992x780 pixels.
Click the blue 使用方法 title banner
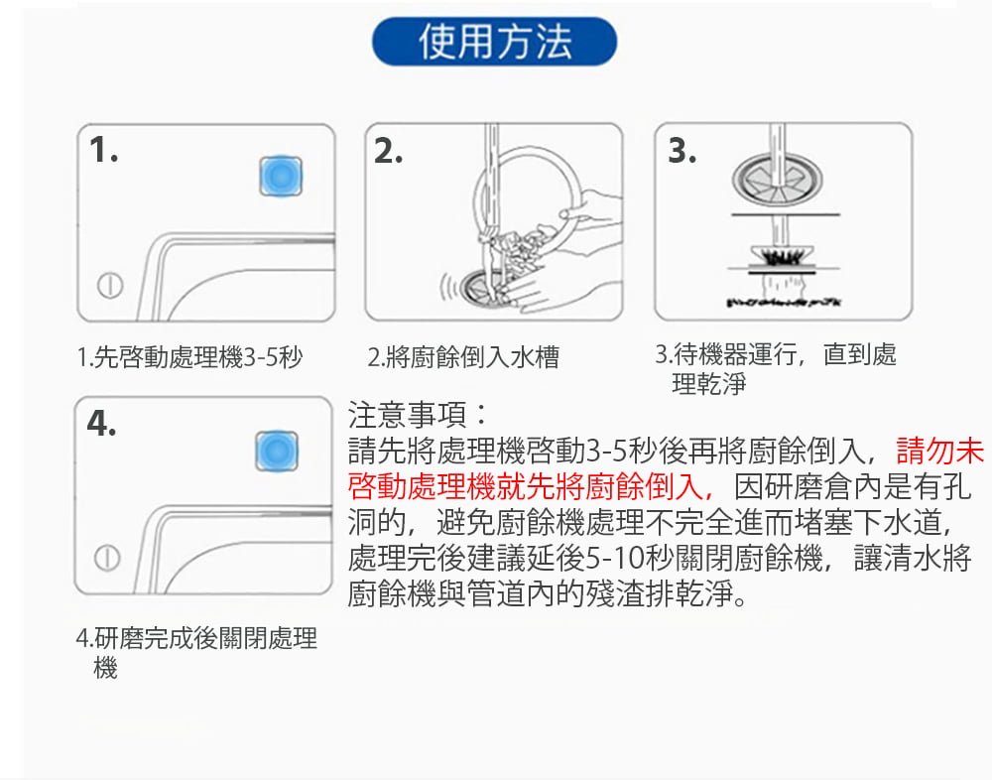(494, 42)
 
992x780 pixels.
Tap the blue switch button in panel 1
(281, 176)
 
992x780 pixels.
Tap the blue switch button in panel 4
(277, 451)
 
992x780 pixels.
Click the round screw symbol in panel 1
(110, 285)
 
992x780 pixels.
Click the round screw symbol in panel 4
(107, 558)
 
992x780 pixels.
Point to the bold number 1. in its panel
(104, 150)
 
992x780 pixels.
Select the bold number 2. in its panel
(388, 151)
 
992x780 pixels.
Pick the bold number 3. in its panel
(682, 151)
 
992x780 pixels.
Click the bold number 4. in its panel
(101, 423)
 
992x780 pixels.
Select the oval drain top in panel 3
(778, 180)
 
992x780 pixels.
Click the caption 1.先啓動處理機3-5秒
(189, 357)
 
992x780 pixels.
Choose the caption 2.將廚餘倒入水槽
(463, 357)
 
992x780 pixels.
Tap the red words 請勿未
(940, 451)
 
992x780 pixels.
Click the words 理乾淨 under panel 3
(709, 384)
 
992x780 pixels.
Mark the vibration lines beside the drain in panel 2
(448, 287)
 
